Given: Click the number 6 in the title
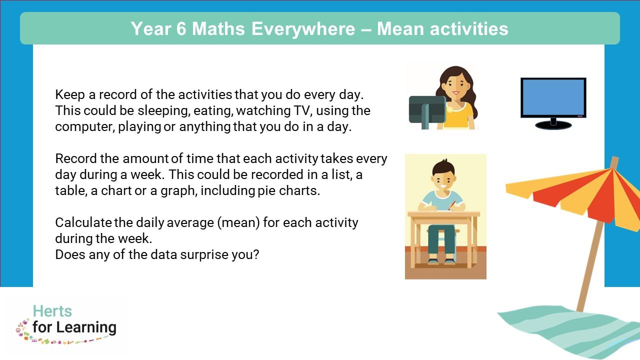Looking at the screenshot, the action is tap(181, 29).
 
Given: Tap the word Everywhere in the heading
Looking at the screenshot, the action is tap(303, 29).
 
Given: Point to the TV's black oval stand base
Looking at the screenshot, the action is tap(553, 125).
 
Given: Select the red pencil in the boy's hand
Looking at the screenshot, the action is tap(452, 205).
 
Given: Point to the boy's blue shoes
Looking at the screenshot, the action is tap(441, 261).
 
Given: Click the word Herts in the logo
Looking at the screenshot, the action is tap(52, 311).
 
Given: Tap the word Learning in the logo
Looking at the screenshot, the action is tap(86, 327).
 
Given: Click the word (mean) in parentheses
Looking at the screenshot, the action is tap(238, 223).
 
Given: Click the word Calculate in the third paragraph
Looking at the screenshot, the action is tap(83, 222).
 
